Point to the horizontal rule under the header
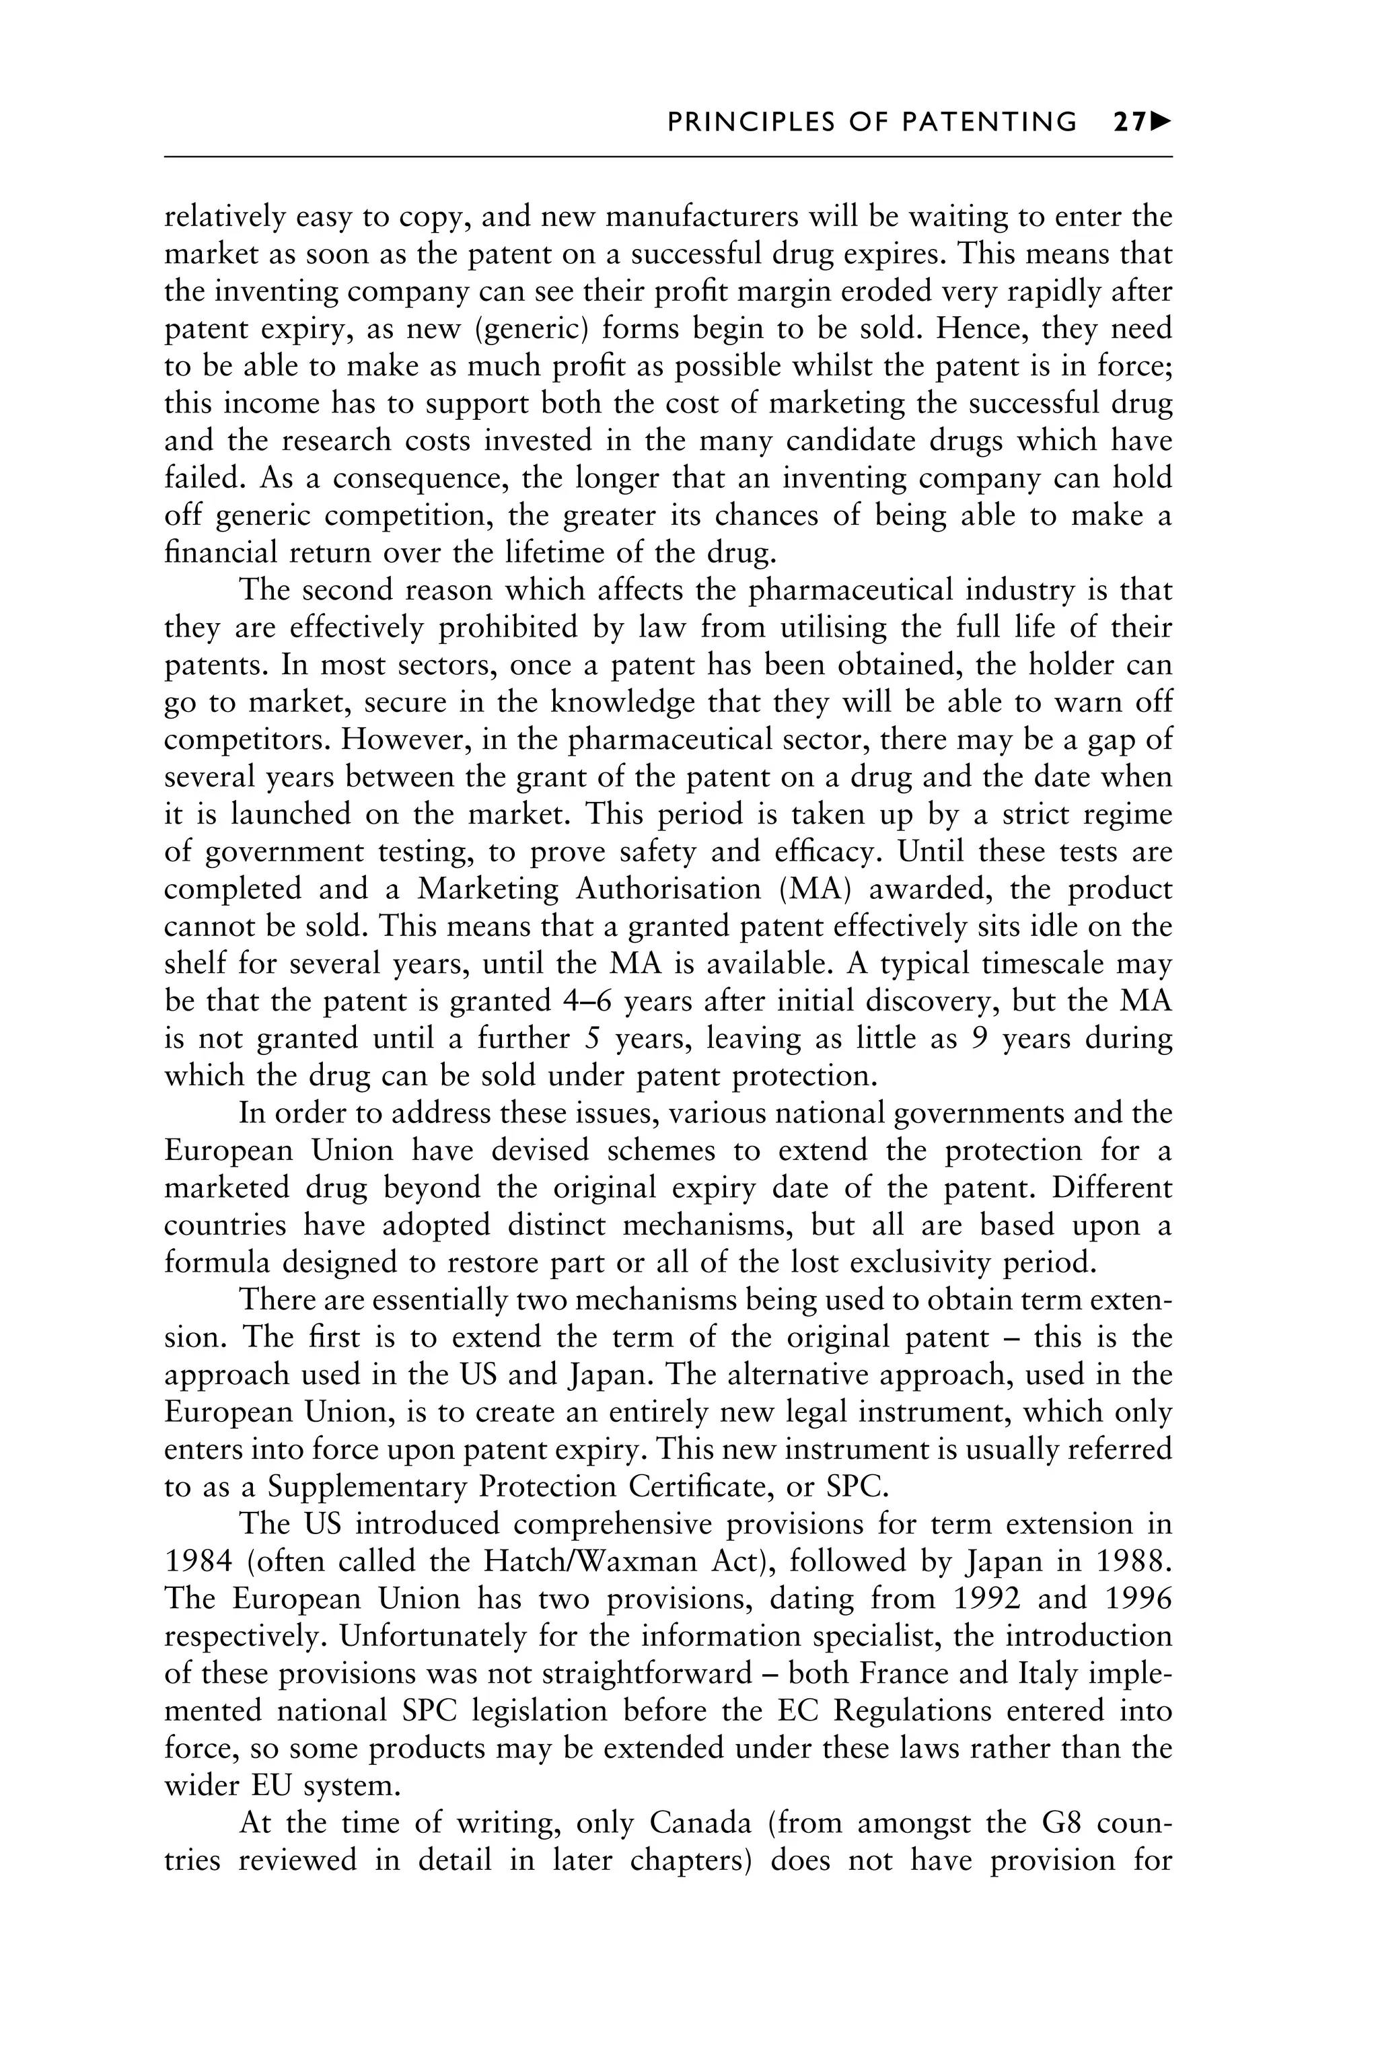[668, 157]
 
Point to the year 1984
[198, 1562]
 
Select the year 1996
[1138, 1599]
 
